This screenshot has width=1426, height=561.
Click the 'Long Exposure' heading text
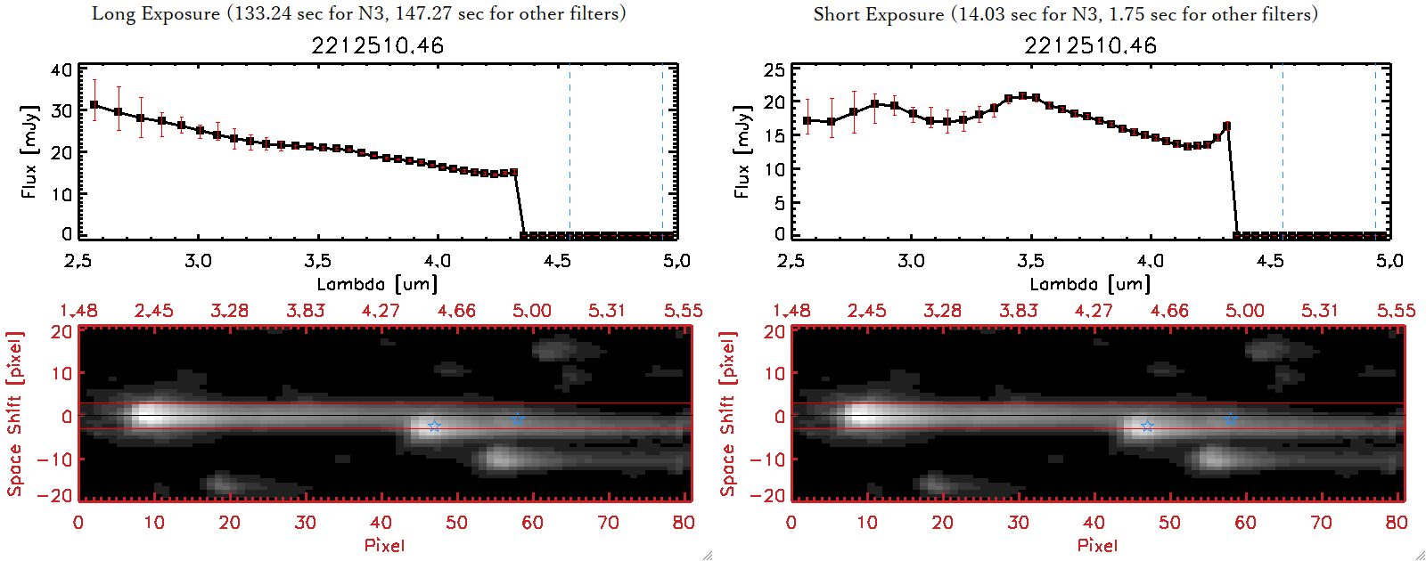(156, 13)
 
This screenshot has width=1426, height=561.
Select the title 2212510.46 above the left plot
(377, 45)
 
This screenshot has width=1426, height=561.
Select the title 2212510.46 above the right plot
(1090, 45)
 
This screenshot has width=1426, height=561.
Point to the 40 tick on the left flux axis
(61, 69)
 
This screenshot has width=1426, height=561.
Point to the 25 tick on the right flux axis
(774, 69)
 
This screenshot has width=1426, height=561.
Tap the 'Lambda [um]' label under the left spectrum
(377, 284)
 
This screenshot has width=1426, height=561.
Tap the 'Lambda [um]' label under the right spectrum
(1090, 284)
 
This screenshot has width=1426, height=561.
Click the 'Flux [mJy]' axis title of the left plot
(29, 151)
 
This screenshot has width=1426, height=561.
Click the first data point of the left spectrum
(94, 105)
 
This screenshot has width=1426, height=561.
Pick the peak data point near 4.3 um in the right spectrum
(1227, 126)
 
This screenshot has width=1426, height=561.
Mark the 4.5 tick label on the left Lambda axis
(557, 261)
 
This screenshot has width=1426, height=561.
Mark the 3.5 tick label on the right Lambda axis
(1030, 261)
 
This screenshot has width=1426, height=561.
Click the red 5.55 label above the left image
(683, 311)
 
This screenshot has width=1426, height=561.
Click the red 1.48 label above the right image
(791, 311)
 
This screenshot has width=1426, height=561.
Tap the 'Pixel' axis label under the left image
(384, 545)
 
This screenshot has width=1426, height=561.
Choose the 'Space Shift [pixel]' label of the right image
(728, 414)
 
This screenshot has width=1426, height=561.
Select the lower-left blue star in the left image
(434, 426)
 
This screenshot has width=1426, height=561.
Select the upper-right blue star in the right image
(1231, 418)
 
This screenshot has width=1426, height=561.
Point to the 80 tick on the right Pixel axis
(1397, 523)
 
